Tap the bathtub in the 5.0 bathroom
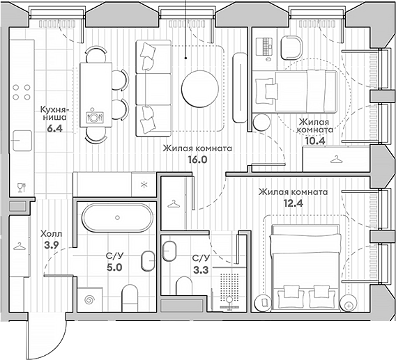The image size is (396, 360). tap(114, 219)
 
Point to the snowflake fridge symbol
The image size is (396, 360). tap(144, 185)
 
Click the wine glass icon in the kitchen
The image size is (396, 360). tap(20, 187)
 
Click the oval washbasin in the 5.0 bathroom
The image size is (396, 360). tap(147, 261)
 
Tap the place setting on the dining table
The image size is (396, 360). tap(94, 116)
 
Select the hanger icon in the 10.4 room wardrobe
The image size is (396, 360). tap(337, 159)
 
